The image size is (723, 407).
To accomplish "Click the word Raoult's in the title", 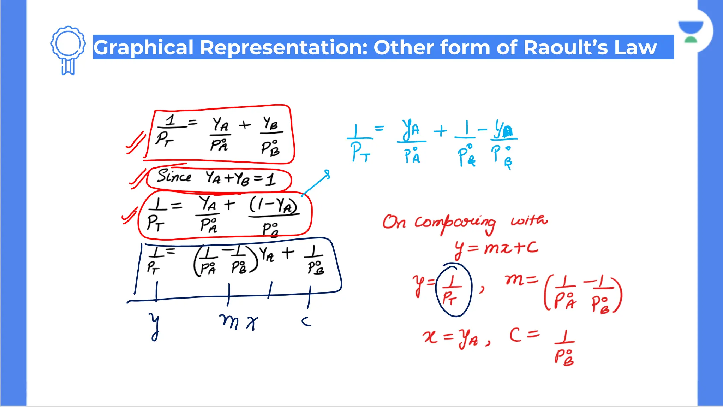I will (566, 47).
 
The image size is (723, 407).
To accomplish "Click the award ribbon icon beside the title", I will (68, 49).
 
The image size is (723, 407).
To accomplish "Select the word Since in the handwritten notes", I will (174, 176).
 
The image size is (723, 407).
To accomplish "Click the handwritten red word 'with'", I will (529, 220).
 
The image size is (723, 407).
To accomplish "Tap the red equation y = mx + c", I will (496, 249).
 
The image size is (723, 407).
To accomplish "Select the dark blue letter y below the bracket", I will (155, 326).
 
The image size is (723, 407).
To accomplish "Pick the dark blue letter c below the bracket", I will (306, 322).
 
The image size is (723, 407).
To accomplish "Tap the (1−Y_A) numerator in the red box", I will (273, 205).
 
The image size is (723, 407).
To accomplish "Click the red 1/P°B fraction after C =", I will (564, 348).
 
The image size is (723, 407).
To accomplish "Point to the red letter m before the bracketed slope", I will (515, 280).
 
